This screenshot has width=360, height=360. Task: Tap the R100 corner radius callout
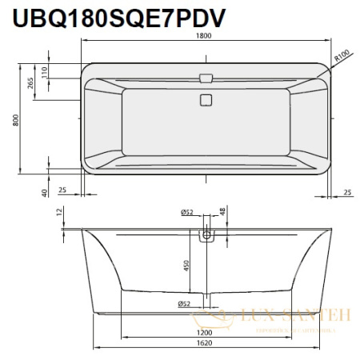pyautogui.click(x=344, y=55)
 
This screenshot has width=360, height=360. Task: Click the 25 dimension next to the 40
pyautogui.click(x=62, y=191)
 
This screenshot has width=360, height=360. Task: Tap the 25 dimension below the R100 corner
pyautogui.click(x=346, y=192)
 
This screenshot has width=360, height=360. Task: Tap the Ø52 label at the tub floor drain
pyautogui.click(x=183, y=305)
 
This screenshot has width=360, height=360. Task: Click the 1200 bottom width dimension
pyautogui.click(x=205, y=331)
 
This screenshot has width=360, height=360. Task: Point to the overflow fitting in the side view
pyautogui.click(x=208, y=234)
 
